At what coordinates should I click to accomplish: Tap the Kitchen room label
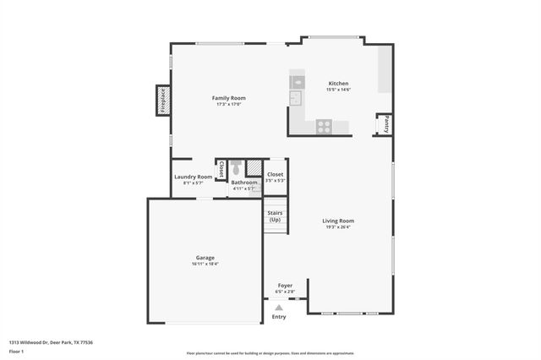point(338,84)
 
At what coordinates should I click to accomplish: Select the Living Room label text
point(337,221)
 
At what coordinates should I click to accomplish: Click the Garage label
point(205,258)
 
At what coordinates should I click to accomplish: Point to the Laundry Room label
point(193,177)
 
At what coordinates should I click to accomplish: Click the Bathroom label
point(244,183)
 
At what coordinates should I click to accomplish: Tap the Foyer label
point(285,286)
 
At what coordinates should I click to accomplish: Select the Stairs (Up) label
point(275,216)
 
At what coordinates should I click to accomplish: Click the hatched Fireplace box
point(162,100)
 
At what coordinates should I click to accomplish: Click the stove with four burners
point(324,126)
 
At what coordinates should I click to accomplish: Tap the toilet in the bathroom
point(236,167)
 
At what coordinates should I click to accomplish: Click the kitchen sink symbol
point(297,99)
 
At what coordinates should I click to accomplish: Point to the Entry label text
point(279,317)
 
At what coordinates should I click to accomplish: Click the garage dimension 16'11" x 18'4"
point(205,265)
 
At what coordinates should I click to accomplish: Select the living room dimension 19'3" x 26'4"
point(337,226)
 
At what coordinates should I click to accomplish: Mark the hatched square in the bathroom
point(254,167)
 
